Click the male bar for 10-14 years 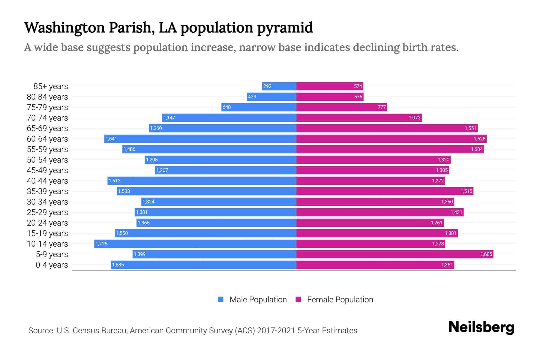click(195, 244)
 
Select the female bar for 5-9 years click(394, 254)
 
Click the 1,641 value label click(111, 139)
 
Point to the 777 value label click(382, 107)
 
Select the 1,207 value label click(162, 170)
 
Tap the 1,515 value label click(466, 191)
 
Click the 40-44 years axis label click(47, 181)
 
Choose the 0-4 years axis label click(52, 265)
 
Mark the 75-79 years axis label click(47, 107)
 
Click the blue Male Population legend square click(221, 299)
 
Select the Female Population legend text click(340, 299)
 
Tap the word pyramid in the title click(285, 28)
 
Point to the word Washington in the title click(64, 28)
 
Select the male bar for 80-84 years click(271, 97)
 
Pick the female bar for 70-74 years click(358, 118)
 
